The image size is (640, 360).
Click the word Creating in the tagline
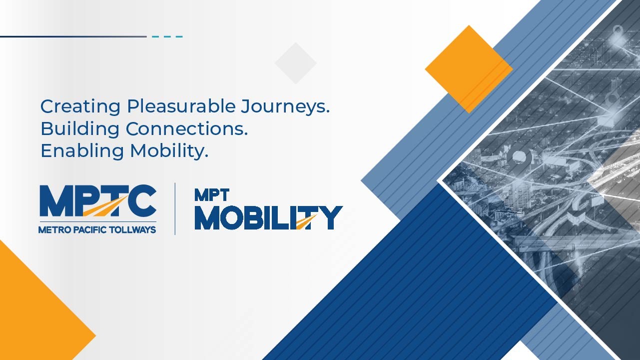pos(80,107)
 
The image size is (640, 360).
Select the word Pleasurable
pos(181,106)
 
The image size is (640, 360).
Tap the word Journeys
pos(285,107)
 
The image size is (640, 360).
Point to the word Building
pos(80,129)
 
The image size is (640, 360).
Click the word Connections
pos(186,128)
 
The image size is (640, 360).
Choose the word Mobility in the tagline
pos(169,150)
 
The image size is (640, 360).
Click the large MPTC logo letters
pos(98,200)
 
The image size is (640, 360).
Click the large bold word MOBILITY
pos(269,218)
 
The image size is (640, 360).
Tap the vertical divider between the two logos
pos(175,208)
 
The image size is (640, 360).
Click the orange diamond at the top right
pos(469,69)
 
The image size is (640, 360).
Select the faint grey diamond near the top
pos(296,63)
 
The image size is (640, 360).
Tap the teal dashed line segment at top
pos(167,36)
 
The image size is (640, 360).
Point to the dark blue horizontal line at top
pos(73,36)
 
